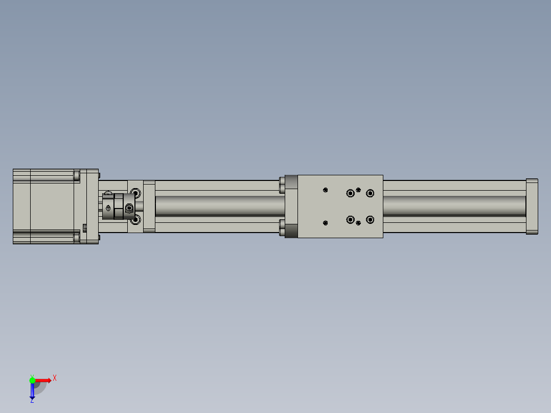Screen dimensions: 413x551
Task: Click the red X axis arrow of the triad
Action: (x=43, y=380)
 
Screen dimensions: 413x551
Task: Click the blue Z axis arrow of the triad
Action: (x=32, y=391)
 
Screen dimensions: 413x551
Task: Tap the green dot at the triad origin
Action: (x=32, y=380)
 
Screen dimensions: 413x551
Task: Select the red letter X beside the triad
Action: (x=55, y=378)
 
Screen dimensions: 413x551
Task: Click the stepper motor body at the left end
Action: (x=46, y=206)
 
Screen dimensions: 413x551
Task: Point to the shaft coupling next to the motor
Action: (x=118, y=206)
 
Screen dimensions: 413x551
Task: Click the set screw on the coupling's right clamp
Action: (x=129, y=208)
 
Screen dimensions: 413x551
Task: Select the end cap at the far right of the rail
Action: (x=532, y=206)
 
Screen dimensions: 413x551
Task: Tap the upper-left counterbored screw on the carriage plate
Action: (x=350, y=193)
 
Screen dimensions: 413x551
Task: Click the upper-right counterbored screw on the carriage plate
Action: (x=370, y=193)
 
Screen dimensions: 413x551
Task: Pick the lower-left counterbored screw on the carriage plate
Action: (x=350, y=220)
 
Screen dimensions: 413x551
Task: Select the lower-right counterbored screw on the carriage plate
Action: (x=370, y=220)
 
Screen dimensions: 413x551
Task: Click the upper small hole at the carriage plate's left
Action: (x=326, y=190)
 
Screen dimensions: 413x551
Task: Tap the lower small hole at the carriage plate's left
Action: (x=326, y=222)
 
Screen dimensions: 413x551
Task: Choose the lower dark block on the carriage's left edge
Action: (x=291, y=231)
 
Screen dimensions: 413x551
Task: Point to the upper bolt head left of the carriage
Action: (x=282, y=185)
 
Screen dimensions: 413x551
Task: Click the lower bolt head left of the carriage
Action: (x=282, y=227)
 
